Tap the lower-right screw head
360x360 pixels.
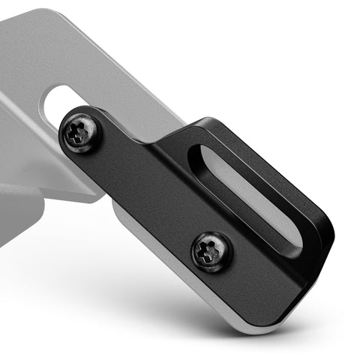pyautogui.click(x=211, y=251)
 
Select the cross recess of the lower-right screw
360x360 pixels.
pyautogui.click(x=211, y=252)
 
